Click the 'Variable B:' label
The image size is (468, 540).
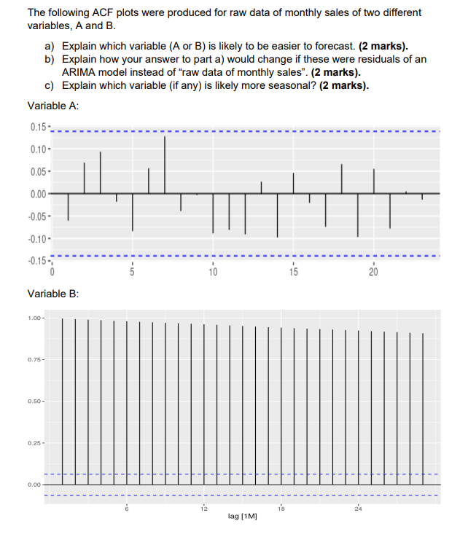click(x=53, y=294)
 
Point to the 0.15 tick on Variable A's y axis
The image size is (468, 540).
click(x=39, y=129)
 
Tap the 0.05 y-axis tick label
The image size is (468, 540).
click(x=39, y=172)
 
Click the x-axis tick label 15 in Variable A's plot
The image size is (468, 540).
click(x=293, y=272)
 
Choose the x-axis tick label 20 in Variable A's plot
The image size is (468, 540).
click(x=373, y=272)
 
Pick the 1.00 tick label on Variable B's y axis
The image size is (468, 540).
click(x=34, y=318)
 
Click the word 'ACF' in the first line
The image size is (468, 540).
click(x=101, y=13)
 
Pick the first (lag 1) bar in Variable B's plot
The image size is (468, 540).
click(x=63, y=401)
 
